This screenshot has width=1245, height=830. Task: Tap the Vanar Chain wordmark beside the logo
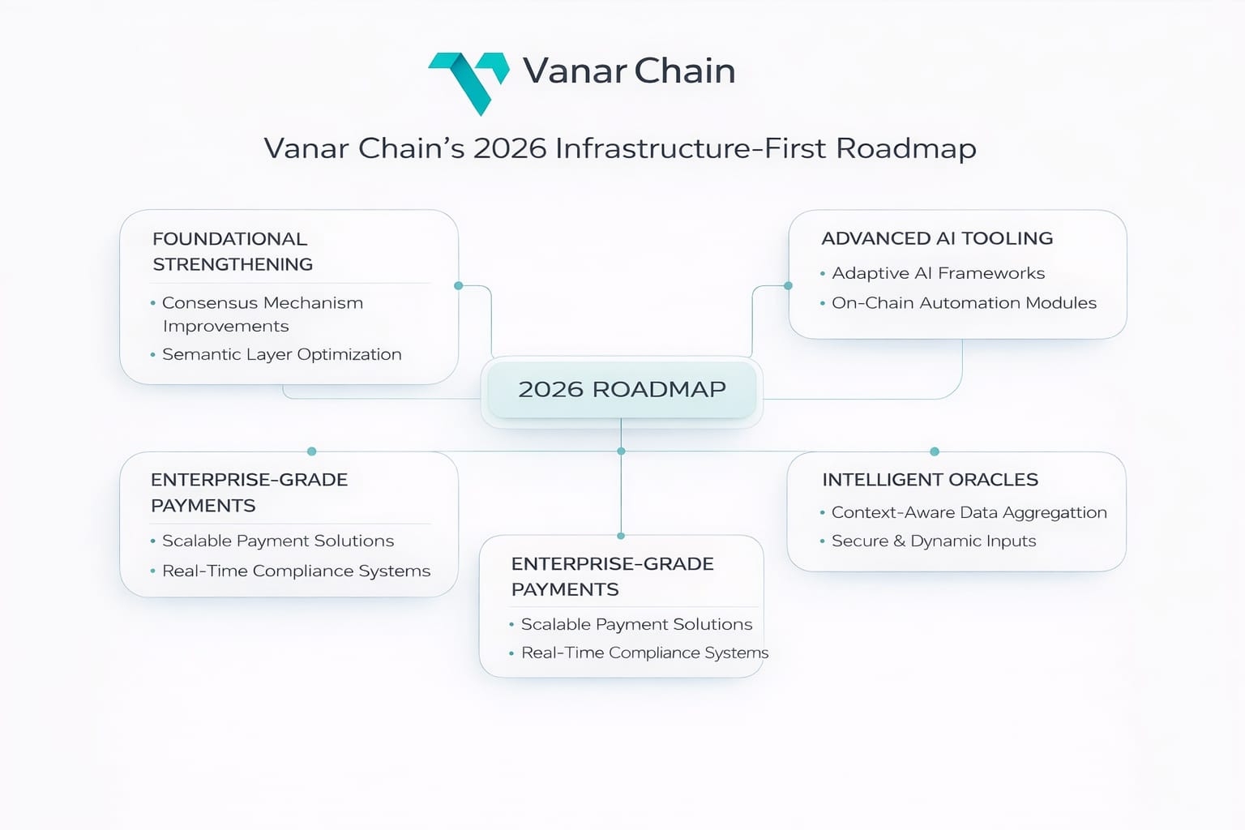click(629, 71)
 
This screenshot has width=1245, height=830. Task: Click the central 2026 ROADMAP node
click(622, 389)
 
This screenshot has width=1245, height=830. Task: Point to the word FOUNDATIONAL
click(229, 239)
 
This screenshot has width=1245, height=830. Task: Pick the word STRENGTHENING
click(233, 264)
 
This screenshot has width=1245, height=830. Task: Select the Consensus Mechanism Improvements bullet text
click(262, 314)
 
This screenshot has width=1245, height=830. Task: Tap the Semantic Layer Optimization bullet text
click(281, 354)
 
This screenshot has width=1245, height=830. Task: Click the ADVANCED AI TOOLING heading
click(937, 238)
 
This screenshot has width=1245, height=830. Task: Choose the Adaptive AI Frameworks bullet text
click(938, 273)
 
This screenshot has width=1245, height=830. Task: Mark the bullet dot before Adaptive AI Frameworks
click(823, 274)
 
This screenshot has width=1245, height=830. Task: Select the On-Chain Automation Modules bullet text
click(964, 303)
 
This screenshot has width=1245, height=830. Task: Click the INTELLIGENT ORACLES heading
click(930, 480)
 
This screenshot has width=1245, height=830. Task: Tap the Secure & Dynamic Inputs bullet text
click(934, 541)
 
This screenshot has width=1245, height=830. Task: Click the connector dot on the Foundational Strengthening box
click(459, 286)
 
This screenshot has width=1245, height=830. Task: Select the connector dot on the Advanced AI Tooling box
click(788, 285)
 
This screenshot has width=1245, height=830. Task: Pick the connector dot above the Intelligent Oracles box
click(935, 451)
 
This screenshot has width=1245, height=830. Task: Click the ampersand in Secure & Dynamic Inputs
click(899, 541)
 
